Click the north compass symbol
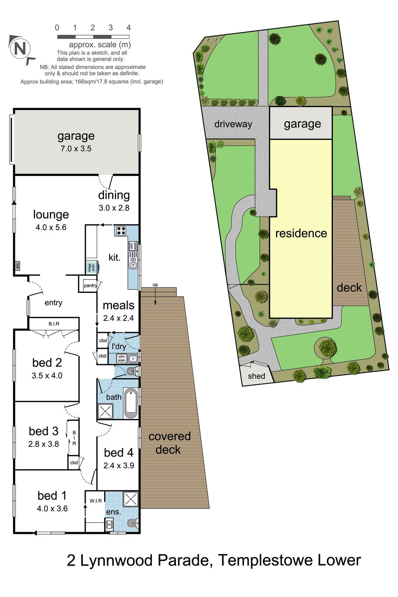coord(21,49)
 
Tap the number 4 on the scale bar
coord(129,28)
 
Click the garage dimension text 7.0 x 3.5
coord(76,149)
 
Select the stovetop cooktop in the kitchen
coord(121,231)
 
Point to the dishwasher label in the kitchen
coord(131,246)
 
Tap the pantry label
coord(90,285)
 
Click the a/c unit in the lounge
coord(17,266)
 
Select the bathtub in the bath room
coord(131,403)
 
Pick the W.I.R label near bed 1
coord(95,501)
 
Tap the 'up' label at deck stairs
coord(155,285)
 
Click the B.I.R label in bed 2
coord(54,323)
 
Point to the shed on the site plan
coord(257,376)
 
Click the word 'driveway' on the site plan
coord(233,124)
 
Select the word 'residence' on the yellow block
coord(301,233)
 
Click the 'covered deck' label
coord(169,443)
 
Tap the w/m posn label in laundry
coord(122,359)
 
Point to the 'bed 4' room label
coord(119,453)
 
